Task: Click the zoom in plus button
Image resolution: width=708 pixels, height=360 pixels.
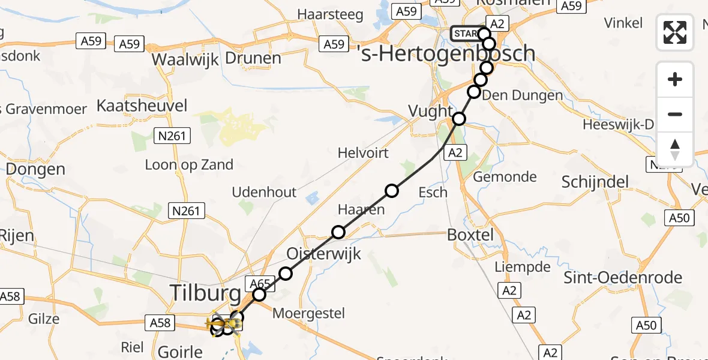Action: tap(675, 79)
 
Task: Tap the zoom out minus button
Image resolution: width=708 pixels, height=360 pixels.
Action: tap(675, 114)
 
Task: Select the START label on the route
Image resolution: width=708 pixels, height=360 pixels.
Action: tap(466, 34)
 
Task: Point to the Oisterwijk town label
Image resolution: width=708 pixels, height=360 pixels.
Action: tap(324, 253)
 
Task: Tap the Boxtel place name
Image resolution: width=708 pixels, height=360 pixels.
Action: tap(470, 235)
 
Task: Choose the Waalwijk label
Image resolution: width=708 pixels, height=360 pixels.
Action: tap(184, 59)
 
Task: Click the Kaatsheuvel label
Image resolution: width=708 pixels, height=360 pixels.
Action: tap(142, 107)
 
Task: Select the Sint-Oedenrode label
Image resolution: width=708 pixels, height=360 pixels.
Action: tap(623, 278)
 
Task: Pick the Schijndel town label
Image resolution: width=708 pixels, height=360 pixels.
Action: tap(595, 182)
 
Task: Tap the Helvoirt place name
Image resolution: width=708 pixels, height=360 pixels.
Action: tap(363, 153)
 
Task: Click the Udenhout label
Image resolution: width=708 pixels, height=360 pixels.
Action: tap(265, 192)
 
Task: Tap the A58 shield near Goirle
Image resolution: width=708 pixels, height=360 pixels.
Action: tap(160, 323)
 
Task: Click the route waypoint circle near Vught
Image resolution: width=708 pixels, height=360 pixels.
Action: tap(459, 118)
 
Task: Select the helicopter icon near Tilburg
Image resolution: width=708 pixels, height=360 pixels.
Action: tap(217, 325)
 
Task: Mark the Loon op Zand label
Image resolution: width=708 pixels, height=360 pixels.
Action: tap(189, 165)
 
